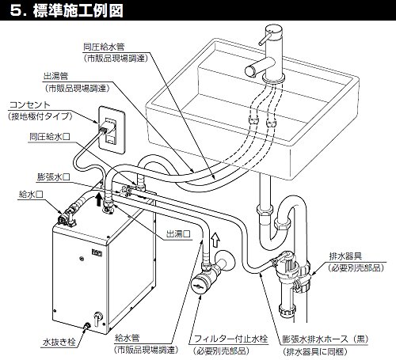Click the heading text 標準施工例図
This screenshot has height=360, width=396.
point(78,10)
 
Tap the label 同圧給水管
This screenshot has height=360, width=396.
point(104,47)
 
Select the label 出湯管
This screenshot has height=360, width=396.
point(56,76)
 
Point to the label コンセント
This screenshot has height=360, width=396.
point(29,104)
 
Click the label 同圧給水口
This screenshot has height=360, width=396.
point(50,137)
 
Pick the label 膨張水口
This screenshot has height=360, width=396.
point(54,177)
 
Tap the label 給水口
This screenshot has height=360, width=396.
point(31,195)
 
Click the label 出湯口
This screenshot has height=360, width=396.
point(178,233)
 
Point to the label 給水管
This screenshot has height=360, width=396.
point(127,338)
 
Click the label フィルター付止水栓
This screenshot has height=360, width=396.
point(230,339)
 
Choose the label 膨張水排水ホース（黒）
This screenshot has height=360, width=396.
point(326,339)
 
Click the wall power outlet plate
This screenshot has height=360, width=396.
point(112,130)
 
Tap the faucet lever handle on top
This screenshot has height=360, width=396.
point(265,40)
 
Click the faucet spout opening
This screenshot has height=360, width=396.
point(250,71)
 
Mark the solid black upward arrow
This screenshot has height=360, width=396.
point(98,199)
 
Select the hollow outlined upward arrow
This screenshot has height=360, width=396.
point(215,240)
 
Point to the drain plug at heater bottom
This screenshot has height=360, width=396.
point(87,327)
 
